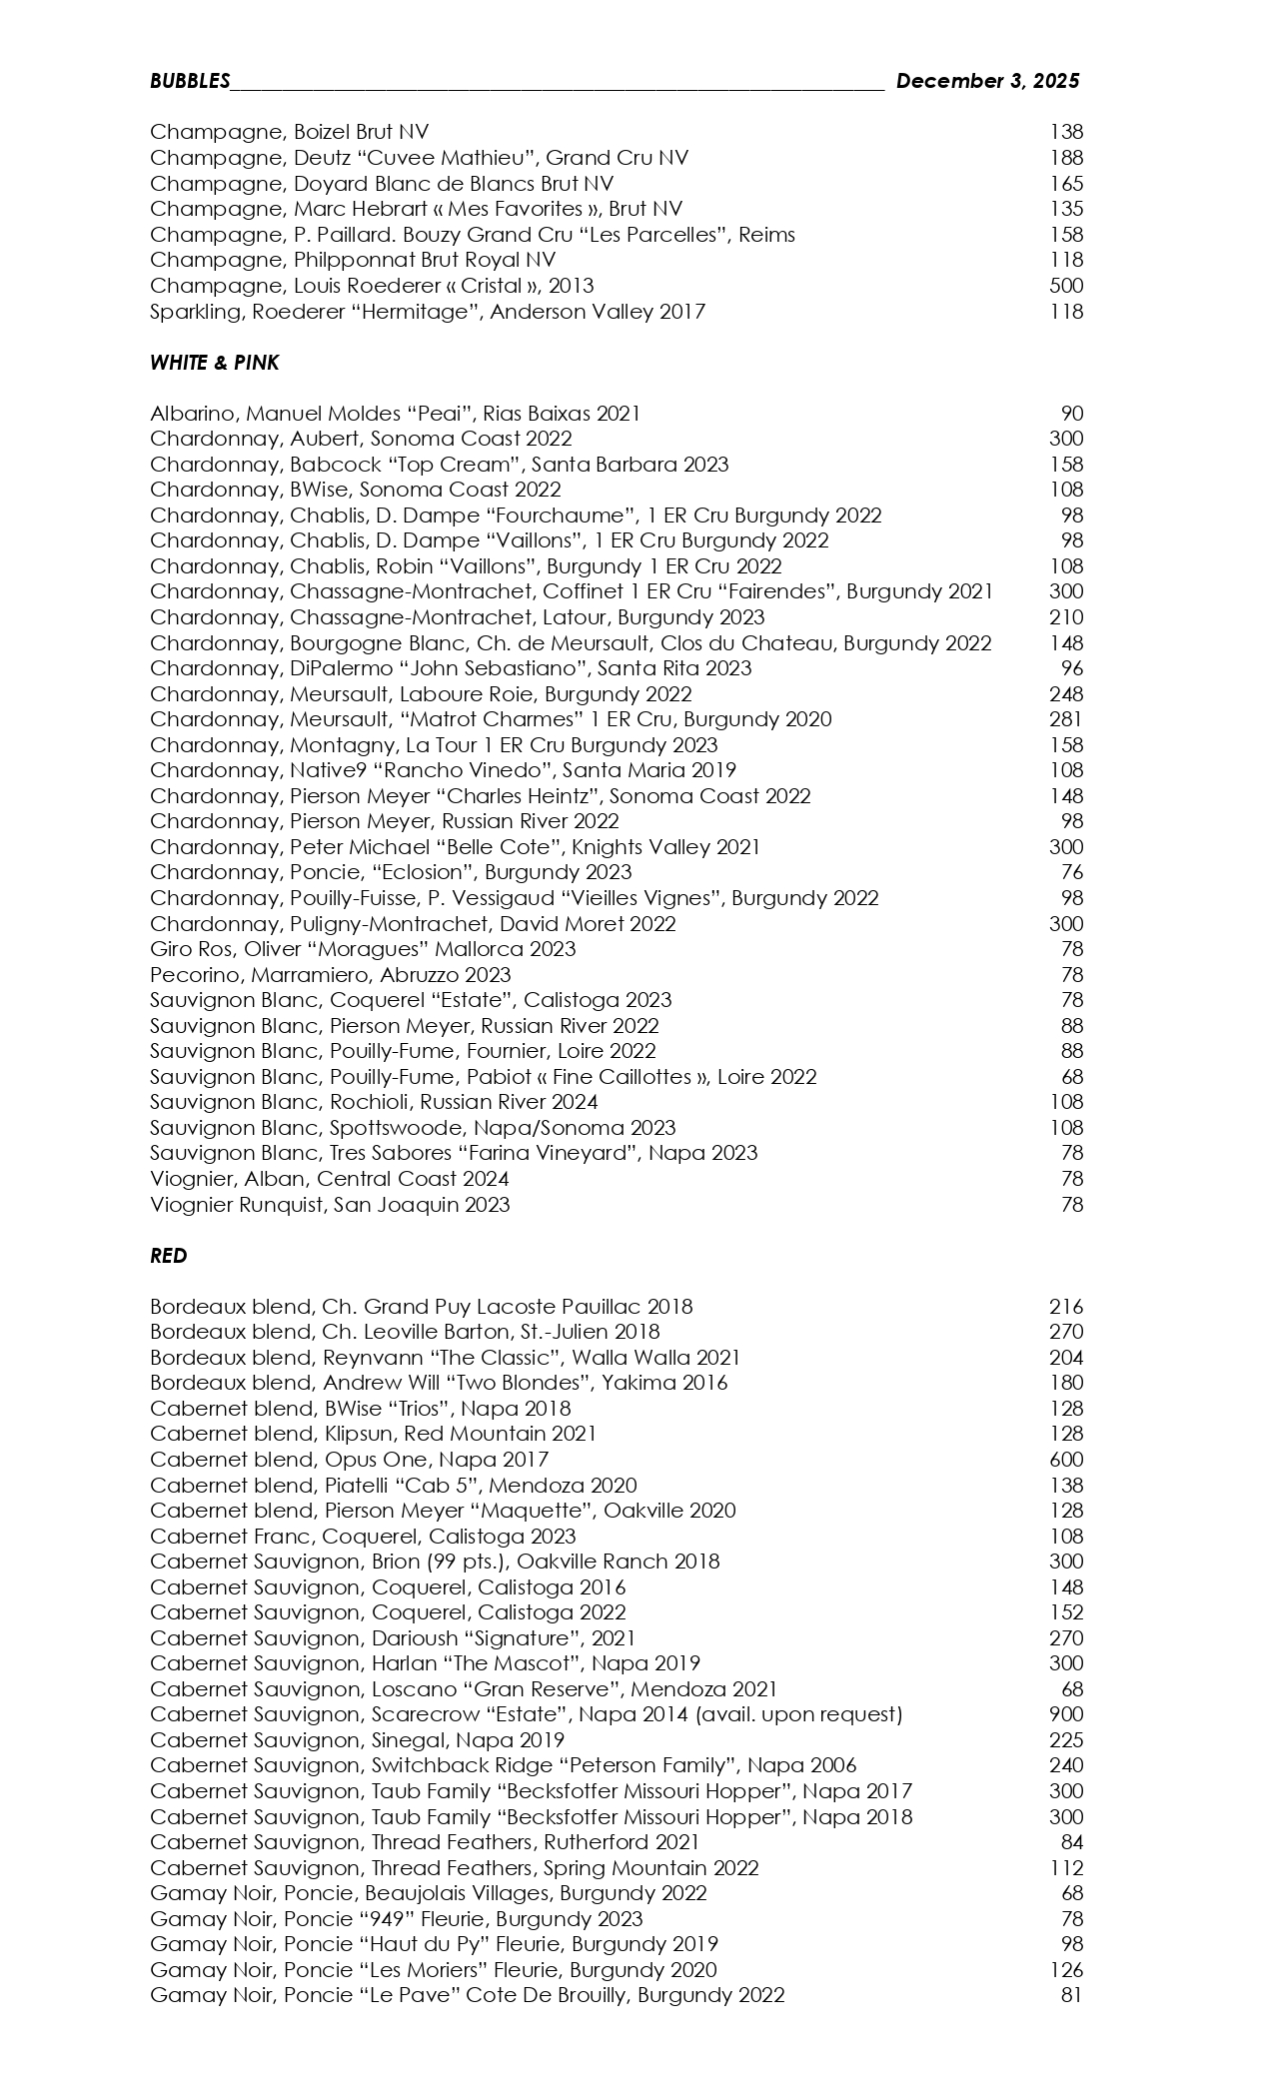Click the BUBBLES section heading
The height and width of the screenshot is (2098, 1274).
point(190,82)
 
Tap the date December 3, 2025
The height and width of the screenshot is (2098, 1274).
point(987,81)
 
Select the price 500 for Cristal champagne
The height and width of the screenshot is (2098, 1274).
point(1066,286)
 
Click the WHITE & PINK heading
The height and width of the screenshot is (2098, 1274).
point(214,364)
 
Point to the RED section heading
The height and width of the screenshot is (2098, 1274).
point(168,1256)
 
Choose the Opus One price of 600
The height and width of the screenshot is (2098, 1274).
point(1066,1460)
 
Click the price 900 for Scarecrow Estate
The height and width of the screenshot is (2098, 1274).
point(1066,1714)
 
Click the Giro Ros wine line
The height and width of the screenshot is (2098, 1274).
point(363,949)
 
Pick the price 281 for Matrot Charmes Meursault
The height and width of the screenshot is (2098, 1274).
point(1066,719)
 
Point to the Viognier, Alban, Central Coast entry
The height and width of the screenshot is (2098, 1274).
point(329,1179)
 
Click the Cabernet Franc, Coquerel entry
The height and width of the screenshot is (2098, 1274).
point(363,1537)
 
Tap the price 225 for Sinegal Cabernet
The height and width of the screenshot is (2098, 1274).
point(1066,1740)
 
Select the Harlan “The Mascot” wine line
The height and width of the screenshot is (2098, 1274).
point(425,1663)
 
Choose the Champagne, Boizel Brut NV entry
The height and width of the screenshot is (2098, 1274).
point(289,132)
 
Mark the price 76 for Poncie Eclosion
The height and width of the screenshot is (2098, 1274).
point(1071,872)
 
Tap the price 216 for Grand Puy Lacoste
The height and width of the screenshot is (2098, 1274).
point(1066,1307)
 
